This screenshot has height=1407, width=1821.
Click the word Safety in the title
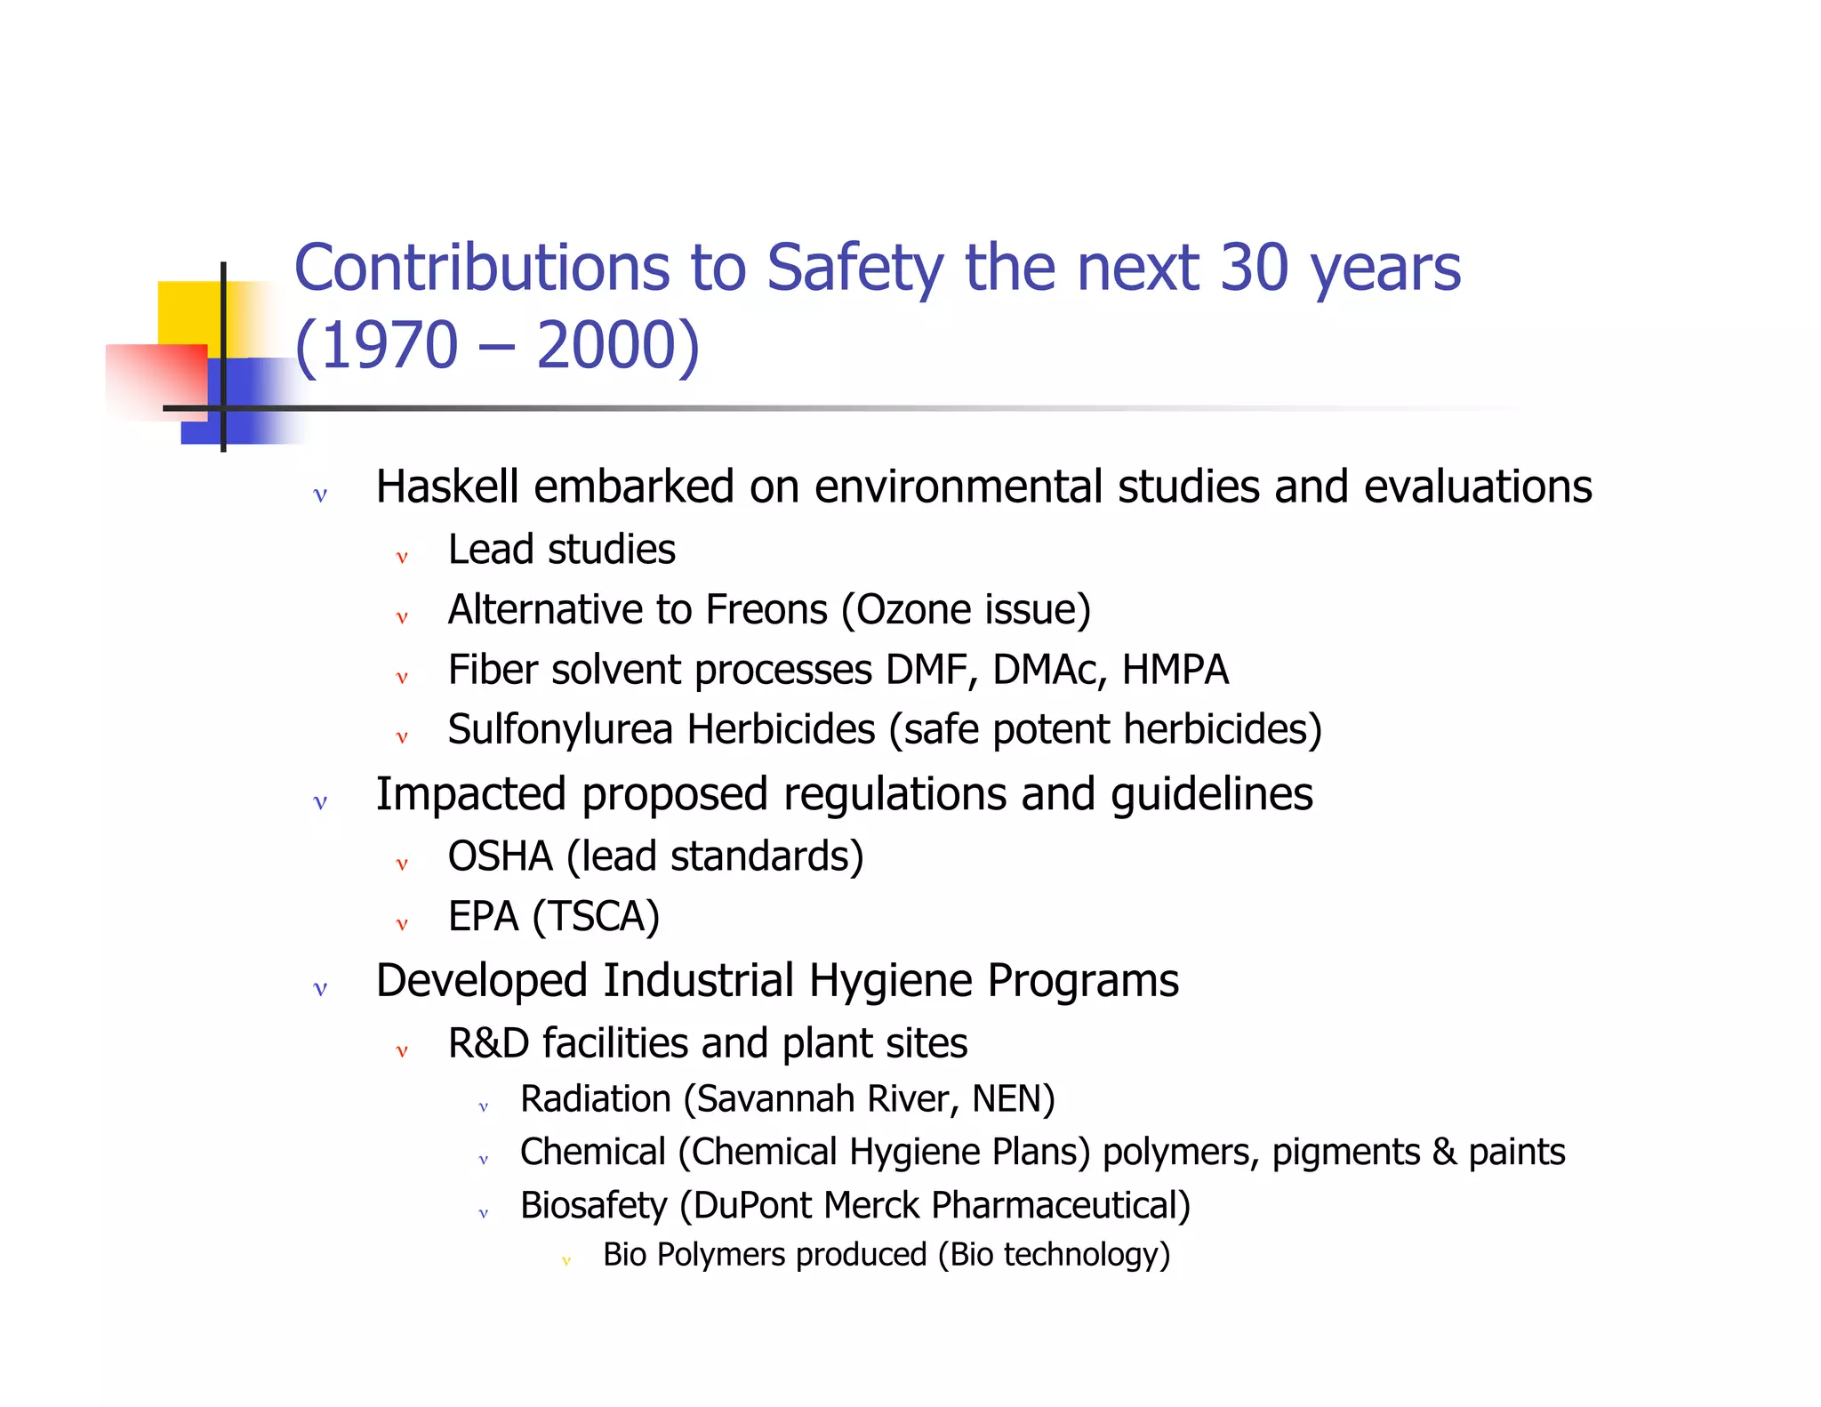[x=854, y=269]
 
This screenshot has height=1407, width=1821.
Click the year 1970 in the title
[x=389, y=345]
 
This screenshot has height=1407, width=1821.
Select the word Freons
[x=766, y=610]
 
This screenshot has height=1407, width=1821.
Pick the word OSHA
[x=500, y=856]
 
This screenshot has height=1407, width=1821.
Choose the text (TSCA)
[x=596, y=917]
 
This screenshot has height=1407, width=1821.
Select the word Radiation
[x=595, y=1099]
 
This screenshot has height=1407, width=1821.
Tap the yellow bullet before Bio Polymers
[x=566, y=1260]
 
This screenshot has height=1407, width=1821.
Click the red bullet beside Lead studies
[x=402, y=558]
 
